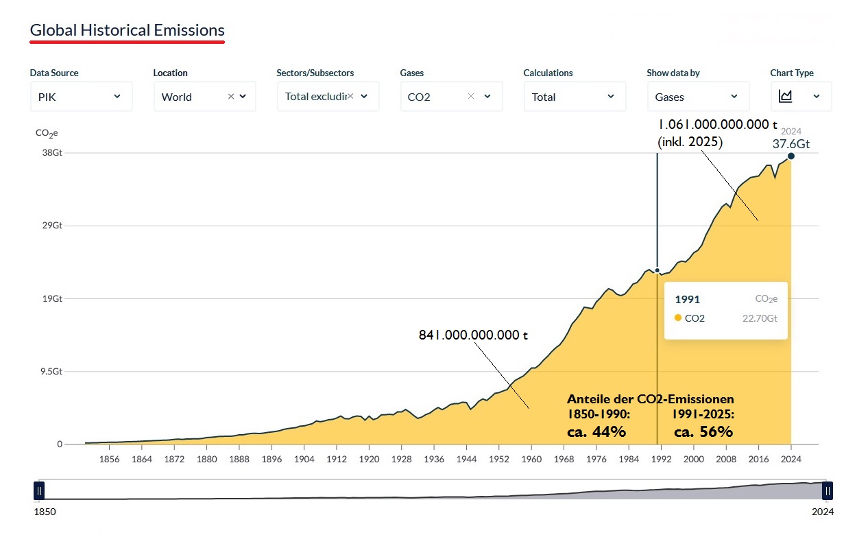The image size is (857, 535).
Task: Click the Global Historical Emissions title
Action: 127,31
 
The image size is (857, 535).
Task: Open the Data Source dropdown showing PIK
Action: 81,97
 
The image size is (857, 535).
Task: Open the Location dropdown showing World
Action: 204,97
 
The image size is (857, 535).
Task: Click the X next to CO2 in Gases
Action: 470,96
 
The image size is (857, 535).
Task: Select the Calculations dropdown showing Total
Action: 574,97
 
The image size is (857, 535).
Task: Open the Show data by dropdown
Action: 697,97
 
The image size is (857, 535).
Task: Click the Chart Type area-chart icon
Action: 786,97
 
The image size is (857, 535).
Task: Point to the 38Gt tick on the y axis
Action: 52,153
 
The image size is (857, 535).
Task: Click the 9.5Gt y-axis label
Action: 50,371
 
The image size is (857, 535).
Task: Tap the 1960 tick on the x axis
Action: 531,459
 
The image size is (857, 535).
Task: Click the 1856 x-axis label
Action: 109,459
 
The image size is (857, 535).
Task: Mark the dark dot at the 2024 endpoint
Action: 791,156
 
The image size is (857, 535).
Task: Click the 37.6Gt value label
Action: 791,144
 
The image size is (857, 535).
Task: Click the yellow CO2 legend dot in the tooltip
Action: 678,318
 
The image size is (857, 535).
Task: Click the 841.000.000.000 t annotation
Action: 473,335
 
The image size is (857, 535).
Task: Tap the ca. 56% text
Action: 703,431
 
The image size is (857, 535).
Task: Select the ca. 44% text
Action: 596,431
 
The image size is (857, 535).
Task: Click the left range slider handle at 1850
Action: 40,490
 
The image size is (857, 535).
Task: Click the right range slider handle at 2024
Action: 828,490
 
